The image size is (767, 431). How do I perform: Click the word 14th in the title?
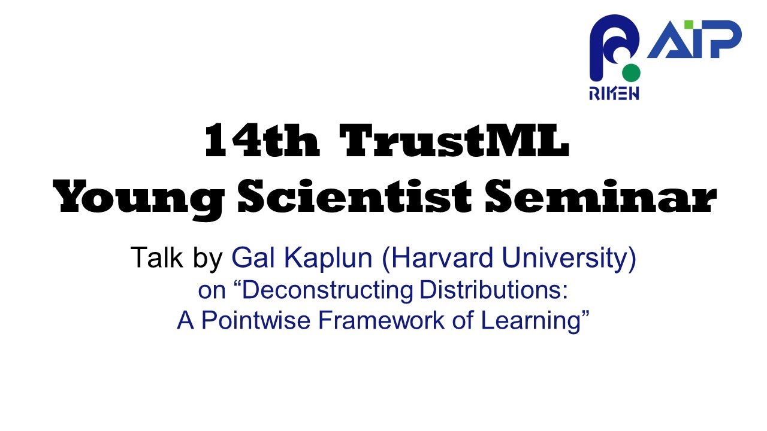coord(261,142)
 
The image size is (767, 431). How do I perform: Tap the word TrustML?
coord(454,142)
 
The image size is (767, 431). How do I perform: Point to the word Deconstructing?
coord(328,290)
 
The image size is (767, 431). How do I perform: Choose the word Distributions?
coord(493,290)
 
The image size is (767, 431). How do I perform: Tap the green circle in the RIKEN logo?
coord(631,72)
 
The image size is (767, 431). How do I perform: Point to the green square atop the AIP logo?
coord(689,25)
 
